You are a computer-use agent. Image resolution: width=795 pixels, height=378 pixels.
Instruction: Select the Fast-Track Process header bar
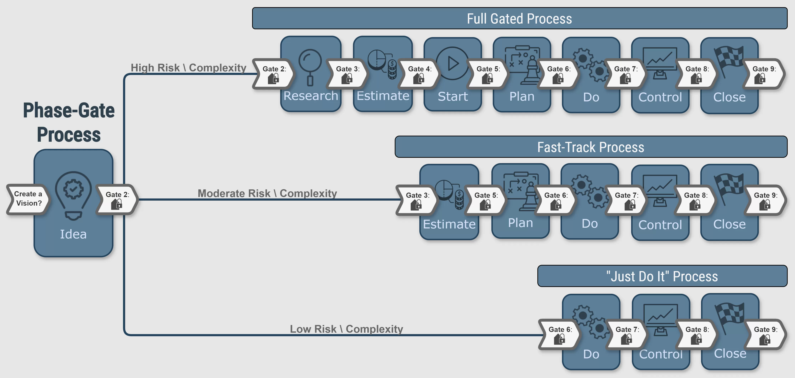[x=591, y=147]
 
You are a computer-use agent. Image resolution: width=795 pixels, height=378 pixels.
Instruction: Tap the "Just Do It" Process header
[x=662, y=276]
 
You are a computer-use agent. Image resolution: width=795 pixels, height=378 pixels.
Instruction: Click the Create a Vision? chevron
[x=28, y=199]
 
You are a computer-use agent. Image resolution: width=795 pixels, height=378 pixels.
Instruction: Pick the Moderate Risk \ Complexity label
[x=267, y=193]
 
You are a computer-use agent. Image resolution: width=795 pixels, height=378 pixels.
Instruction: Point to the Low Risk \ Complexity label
[x=346, y=329]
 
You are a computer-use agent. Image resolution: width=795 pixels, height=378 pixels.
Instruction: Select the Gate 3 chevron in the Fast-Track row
[x=417, y=200]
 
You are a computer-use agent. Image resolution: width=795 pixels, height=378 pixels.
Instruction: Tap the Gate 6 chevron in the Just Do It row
[x=559, y=334]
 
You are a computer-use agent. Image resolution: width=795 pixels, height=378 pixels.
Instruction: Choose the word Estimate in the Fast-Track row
[x=449, y=224]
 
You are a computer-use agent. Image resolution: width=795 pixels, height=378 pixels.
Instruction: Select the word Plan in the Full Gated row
[x=522, y=96]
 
